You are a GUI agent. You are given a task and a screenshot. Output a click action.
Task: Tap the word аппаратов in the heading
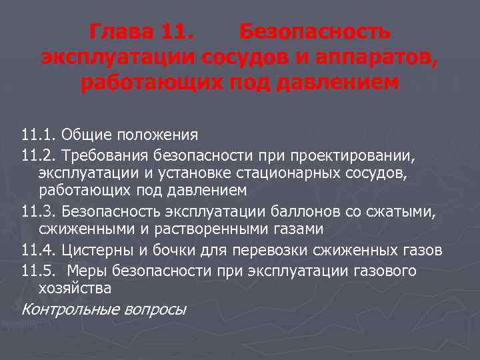pyautogui.click(x=381, y=58)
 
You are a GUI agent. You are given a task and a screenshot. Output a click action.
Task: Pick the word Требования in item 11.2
pyautogui.click(x=106, y=155)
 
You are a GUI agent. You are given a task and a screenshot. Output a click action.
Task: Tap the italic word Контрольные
pyautogui.click(x=63, y=309)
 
